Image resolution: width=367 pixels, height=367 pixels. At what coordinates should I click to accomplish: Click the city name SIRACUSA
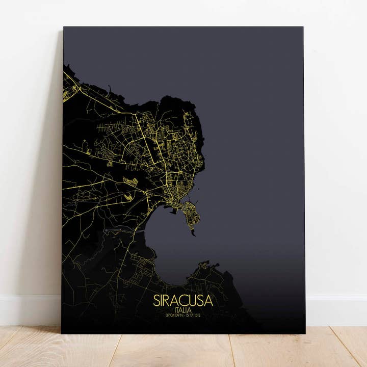(x=182, y=300)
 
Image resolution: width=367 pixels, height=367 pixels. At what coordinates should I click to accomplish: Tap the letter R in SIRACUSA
(x=168, y=300)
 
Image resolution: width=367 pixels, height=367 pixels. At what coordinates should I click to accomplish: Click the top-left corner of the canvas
(x=64, y=27)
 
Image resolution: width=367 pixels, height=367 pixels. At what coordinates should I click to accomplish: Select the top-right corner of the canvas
(x=303, y=27)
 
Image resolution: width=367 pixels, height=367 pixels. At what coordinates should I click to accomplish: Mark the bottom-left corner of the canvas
(x=62, y=333)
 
